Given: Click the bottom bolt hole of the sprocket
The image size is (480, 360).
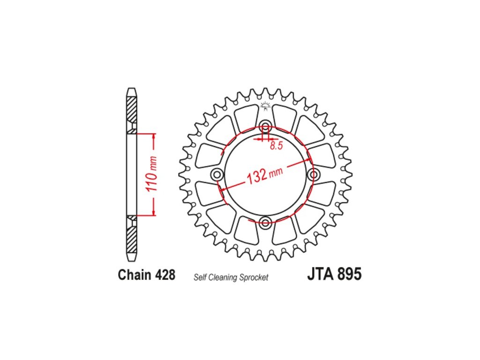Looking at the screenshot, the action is tap(265, 222).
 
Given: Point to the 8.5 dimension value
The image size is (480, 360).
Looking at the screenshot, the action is tap(276, 146).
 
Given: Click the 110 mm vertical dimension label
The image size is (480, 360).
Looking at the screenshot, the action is tap(152, 174).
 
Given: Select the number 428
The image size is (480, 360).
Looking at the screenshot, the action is tap(165, 275).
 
